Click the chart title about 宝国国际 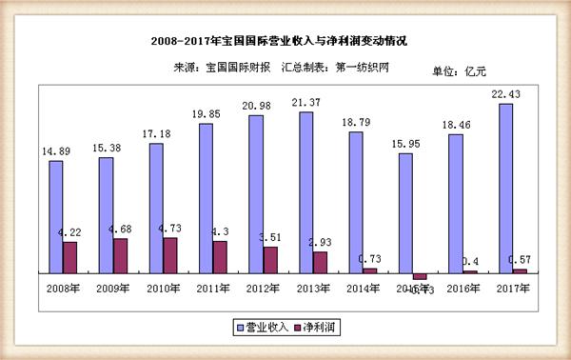285,42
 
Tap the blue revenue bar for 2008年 56,216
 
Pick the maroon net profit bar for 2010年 169,254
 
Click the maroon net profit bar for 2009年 120,255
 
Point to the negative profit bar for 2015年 420,275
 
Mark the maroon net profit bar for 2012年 269,259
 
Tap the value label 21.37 306,102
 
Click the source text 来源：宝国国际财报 223,68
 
